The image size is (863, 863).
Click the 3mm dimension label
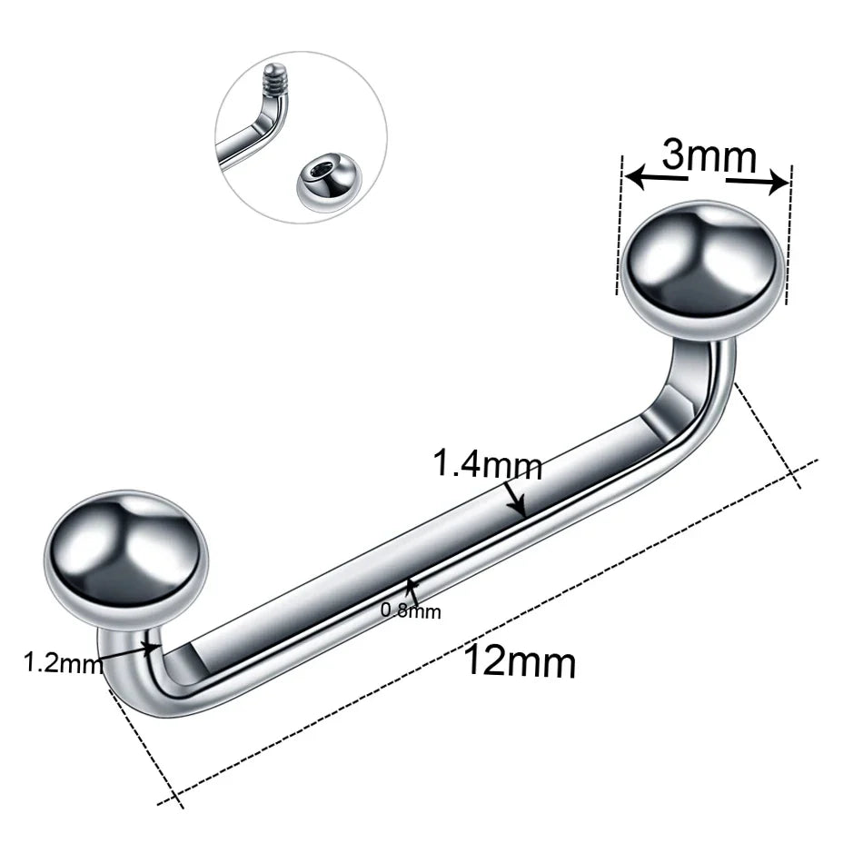pyautogui.click(x=709, y=156)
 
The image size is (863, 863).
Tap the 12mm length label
pyautogui.click(x=520, y=662)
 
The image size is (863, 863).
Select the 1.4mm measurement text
pyautogui.click(x=487, y=465)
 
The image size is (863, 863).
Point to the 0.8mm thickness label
pyautogui.click(x=411, y=611)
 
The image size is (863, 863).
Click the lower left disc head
pyautogui.click(x=127, y=551)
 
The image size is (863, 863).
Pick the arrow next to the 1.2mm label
pyautogui.click(x=150, y=649)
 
